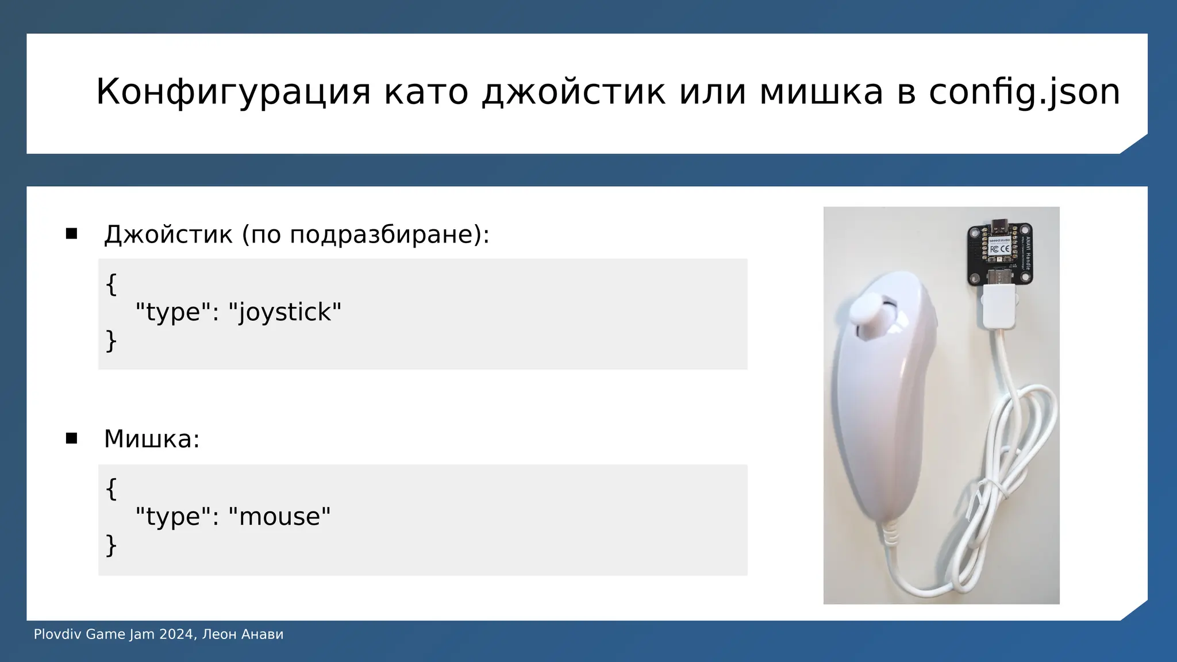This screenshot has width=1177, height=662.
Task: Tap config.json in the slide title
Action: click(1024, 92)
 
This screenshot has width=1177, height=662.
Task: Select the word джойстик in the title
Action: click(573, 92)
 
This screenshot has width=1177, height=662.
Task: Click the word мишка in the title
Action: click(821, 92)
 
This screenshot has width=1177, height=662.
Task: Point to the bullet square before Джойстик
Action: click(71, 233)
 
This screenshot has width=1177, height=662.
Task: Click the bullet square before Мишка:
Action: click(71, 438)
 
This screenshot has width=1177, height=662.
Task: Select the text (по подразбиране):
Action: click(366, 234)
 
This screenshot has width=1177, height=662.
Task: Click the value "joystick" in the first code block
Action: click(285, 312)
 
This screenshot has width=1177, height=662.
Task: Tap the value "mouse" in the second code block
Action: click(279, 517)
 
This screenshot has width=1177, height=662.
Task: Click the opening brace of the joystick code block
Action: click(111, 284)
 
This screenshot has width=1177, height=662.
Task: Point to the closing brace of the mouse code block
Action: click(111, 545)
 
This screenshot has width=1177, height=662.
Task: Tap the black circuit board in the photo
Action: click(1000, 253)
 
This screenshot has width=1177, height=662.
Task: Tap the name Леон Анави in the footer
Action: click(243, 634)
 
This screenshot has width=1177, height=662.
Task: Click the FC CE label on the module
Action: click(1000, 249)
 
